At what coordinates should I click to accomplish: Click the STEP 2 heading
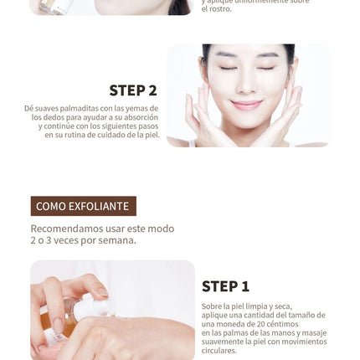(x=132, y=90)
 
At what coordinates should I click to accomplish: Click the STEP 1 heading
(x=225, y=286)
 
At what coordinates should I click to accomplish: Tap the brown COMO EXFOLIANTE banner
(x=83, y=206)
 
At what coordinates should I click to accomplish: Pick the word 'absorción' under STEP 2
(x=135, y=117)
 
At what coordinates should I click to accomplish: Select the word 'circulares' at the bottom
(x=219, y=351)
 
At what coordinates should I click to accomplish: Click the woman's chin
(x=246, y=121)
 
